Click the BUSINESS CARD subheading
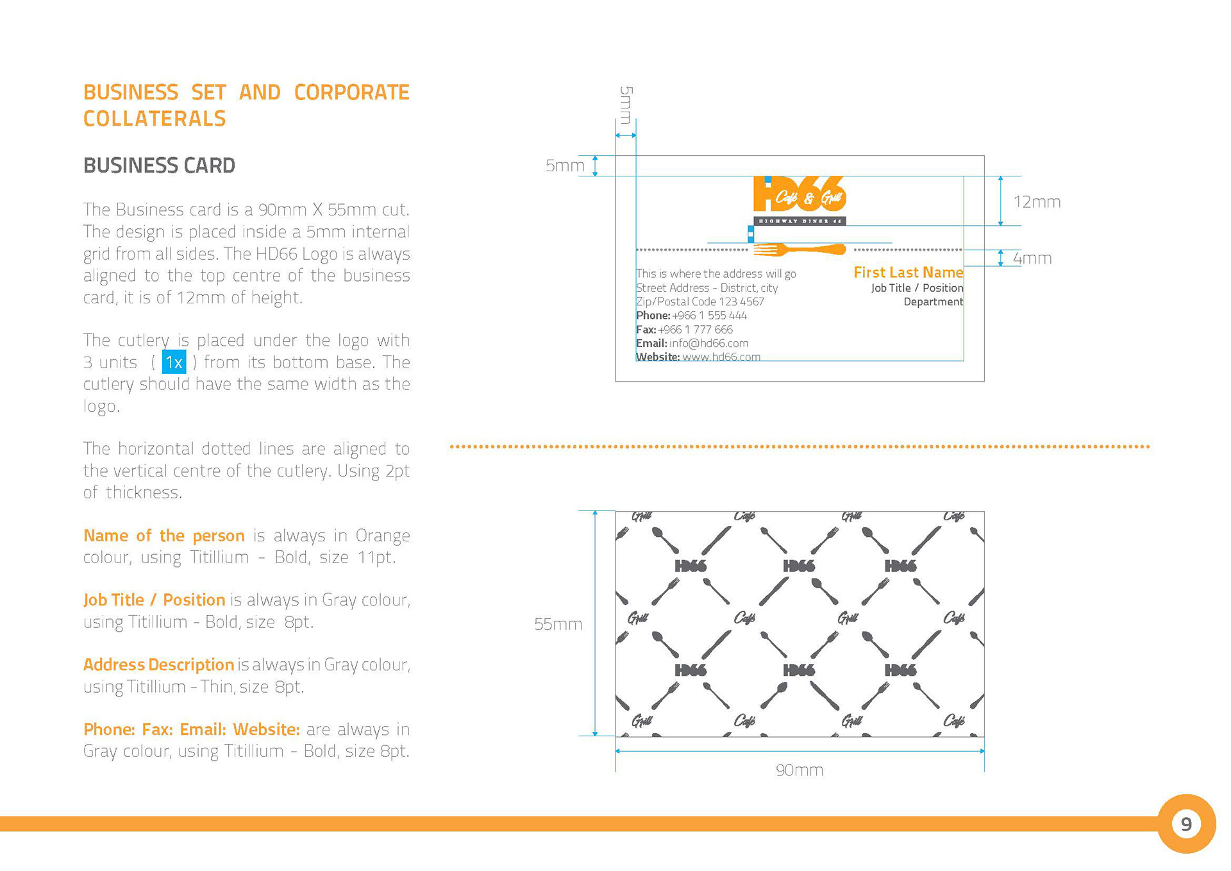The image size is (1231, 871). [x=159, y=165]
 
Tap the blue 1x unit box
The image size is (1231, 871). [x=174, y=362]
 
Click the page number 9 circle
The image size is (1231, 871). [x=1186, y=824]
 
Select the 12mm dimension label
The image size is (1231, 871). [x=1037, y=202]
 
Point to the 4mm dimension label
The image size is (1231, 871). [x=1032, y=258]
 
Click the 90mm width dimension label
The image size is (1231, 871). [x=800, y=770]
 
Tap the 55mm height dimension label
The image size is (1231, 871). [x=558, y=624]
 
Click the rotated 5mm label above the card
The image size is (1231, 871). [x=626, y=105]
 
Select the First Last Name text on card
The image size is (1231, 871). [x=908, y=273]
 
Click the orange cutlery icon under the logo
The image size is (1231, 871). [x=800, y=249]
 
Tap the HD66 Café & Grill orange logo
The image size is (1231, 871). [x=800, y=194]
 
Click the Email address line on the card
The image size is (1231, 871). [x=692, y=343]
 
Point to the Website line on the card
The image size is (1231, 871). [x=698, y=357]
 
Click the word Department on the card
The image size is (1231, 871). [x=933, y=302]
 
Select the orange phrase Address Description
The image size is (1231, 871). [x=158, y=664]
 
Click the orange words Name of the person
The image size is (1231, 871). [x=164, y=536]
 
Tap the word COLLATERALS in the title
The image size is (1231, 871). [x=155, y=119]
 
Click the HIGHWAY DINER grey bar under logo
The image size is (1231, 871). [x=800, y=221]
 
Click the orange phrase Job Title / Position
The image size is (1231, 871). [x=154, y=600]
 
